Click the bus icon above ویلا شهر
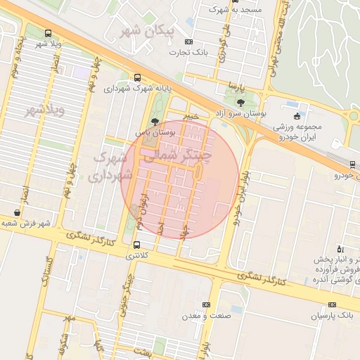coord(47,33)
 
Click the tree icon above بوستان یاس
coord(155,121)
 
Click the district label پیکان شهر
coord(147,32)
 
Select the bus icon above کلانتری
coord(136,245)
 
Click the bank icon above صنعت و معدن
coord(205,304)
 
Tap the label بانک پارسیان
coord(335,316)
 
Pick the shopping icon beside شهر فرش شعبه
coord(16,212)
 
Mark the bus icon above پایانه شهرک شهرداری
coord(136,78)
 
